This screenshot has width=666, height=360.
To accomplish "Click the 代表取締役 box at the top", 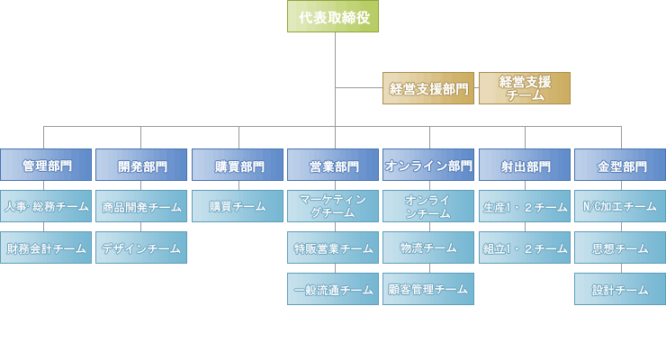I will click(x=334, y=16).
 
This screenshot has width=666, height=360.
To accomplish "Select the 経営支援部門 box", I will click(x=428, y=88).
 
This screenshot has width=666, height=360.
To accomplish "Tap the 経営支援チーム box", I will click(x=525, y=88).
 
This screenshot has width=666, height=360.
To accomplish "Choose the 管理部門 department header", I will click(x=46, y=166).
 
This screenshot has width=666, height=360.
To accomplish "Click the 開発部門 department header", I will click(x=141, y=166).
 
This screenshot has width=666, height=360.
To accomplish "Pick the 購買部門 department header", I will click(x=238, y=166).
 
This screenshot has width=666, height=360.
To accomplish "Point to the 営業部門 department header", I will click(x=333, y=166).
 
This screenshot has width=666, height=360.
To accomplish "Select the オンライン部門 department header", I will click(x=428, y=166).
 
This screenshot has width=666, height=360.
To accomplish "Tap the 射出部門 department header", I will click(x=525, y=166).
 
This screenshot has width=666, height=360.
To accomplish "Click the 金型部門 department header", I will click(x=620, y=166).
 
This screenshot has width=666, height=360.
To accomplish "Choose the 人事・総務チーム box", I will click(x=46, y=206).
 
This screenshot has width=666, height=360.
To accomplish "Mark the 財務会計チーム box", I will click(x=46, y=247).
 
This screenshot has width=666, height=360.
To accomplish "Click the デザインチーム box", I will click(x=141, y=247).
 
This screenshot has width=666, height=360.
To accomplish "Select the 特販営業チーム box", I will click(x=333, y=247).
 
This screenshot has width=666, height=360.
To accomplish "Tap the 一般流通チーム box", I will click(x=333, y=289).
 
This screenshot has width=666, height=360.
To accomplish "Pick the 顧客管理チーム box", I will click(x=428, y=289).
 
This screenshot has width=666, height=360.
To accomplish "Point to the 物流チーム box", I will click(x=428, y=247).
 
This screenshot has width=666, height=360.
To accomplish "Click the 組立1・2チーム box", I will click(x=525, y=247).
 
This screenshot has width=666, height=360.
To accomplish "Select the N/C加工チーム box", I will click(x=620, y=206).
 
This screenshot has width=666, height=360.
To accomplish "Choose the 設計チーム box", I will click(x=620, y=289).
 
